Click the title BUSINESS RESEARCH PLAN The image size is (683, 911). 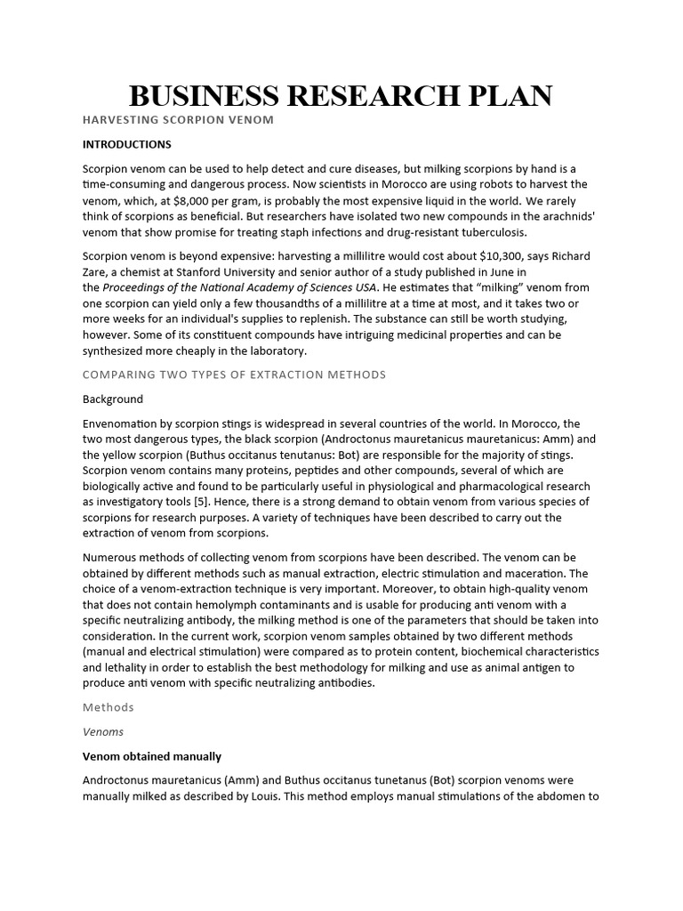[x=341, y=96]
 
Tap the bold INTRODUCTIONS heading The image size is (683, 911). [x=127, y=144]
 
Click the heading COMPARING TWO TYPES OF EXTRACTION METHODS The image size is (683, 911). [x=234, y=375]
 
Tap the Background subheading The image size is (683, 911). [x=113, y=399]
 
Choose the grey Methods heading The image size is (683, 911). [x=108, y=707]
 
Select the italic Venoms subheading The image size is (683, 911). [x=103, y=732]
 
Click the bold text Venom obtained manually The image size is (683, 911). [x=152, y=756]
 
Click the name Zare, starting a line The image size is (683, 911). [x=97, y=272]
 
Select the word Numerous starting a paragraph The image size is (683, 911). [x=110, y=558]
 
